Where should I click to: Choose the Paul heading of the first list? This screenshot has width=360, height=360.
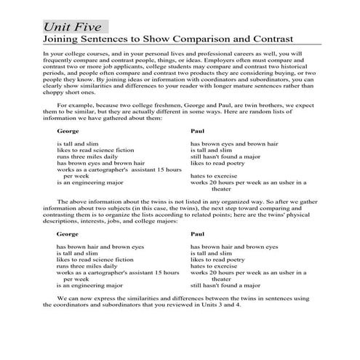[x=198, y=132]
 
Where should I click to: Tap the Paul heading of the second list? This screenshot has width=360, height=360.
[x=198, y=235]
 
